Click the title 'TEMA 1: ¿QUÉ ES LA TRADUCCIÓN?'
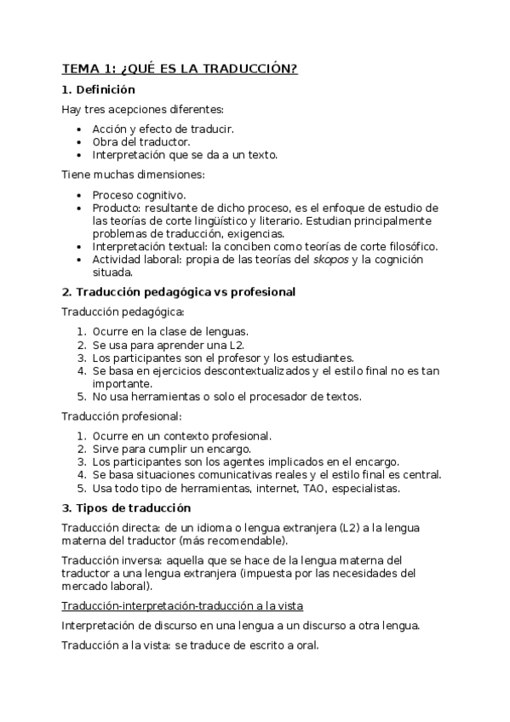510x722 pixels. click(180, 69)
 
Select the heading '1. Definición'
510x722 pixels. click(99, 89)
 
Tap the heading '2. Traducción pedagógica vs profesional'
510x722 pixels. click(179, 292)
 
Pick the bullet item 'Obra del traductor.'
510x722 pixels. click(141, 142)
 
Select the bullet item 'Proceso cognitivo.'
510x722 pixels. click(139, 195)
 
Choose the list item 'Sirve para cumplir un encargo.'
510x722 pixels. click(171, 449)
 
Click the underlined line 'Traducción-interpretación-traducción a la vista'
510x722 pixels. click(183, 605)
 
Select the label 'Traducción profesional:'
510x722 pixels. click(122, 416)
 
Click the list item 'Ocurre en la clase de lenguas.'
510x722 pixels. click(170, 331)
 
